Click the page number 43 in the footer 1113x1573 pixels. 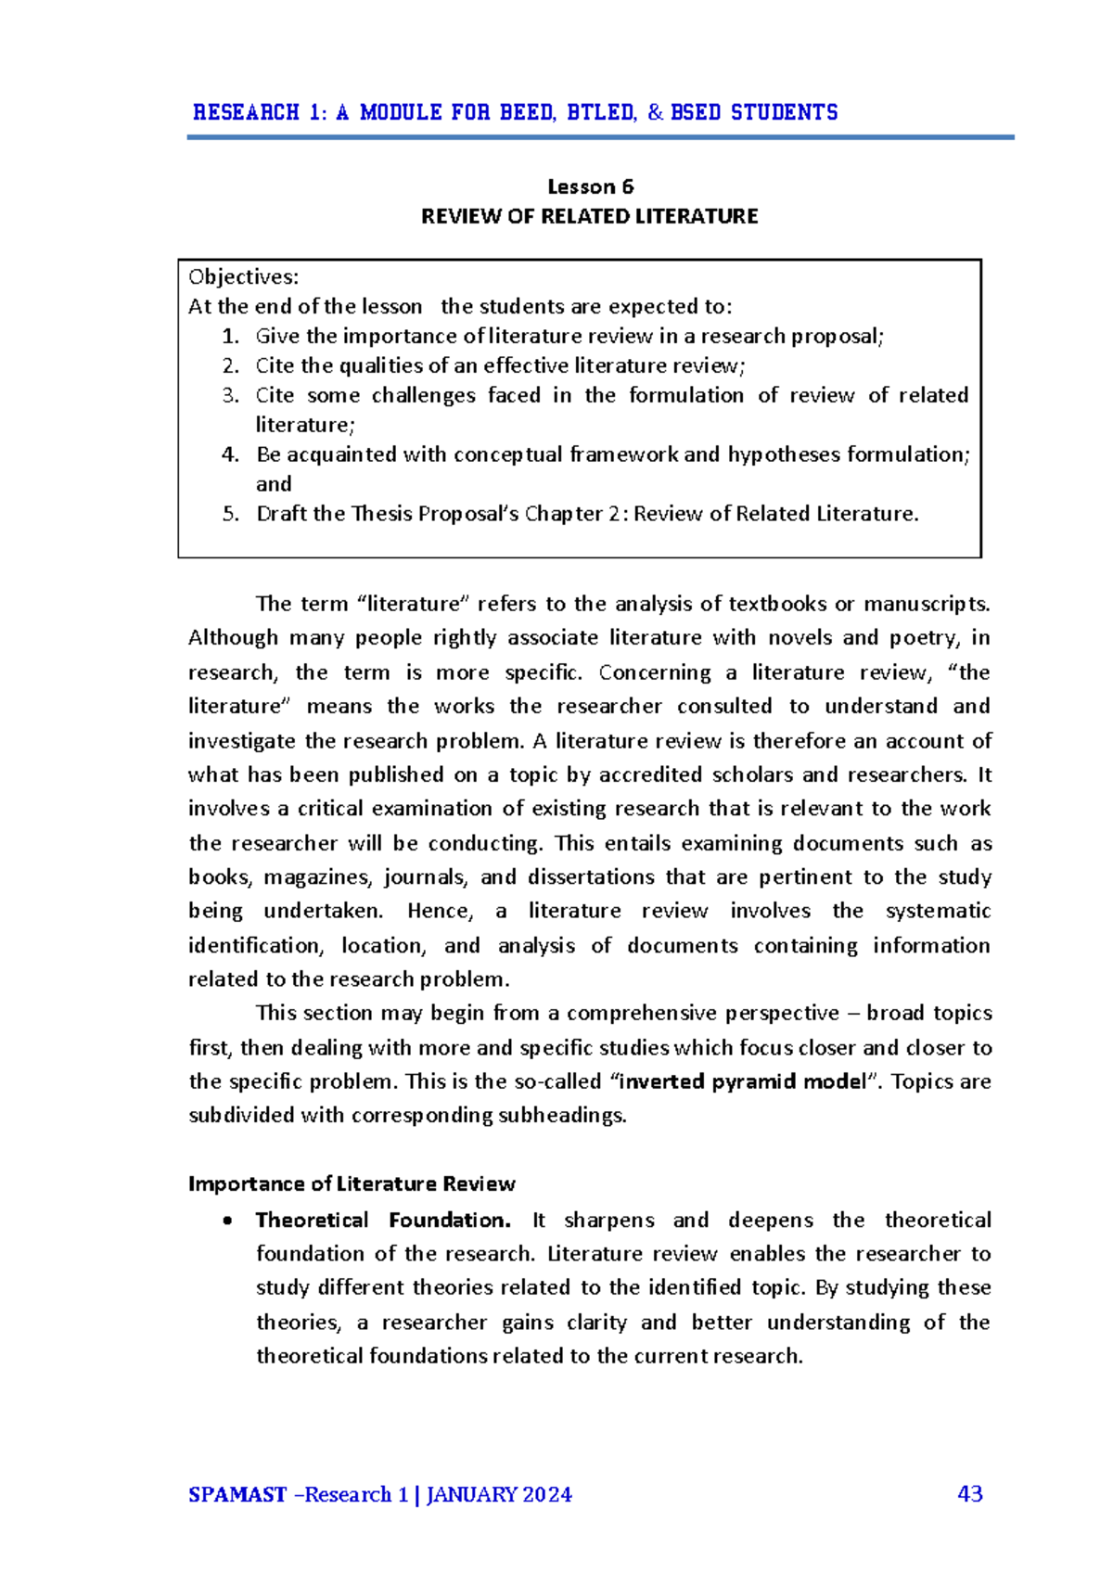pyautogui.click(x=970, y=1494)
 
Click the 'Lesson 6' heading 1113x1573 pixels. pyautogui.click(x=590, y=187)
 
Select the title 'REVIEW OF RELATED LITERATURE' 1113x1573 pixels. pyautogui.click(x=590, y=217)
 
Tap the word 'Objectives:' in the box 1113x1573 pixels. pyautogui.click(x=244, y=277)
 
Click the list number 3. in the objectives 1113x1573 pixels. pyautogui.click(x=231, y=396)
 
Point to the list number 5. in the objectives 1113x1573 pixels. pyautogui.click(x=231, y=515)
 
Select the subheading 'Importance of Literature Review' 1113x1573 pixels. pyautogui.click(x=352, y=1184)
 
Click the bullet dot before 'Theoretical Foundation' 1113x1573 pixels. pyautogui.click(x=228, y=1221)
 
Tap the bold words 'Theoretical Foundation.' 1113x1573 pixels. pyautogui.click(x=383, y=1221)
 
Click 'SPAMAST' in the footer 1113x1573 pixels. pyautogui.click(x=237, y=1495)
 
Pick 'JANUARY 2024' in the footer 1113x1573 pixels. pyautogui.click(x=499, y=1495)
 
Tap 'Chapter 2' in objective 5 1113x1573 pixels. pyautogui.click(x=572, y=514)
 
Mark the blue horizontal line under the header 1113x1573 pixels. pyautogui.click(x=600, y=137)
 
